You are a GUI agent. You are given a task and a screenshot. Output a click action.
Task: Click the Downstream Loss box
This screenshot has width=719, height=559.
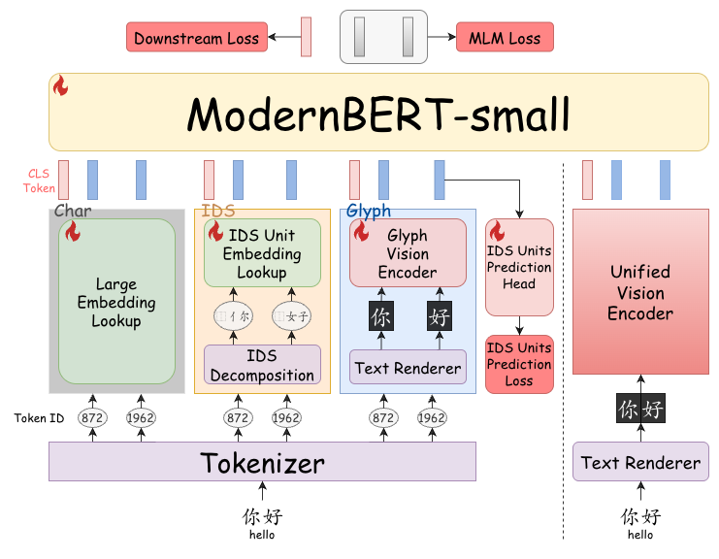pos(197,37)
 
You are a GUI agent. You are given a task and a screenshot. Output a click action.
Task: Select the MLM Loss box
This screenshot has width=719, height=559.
pos(505,37)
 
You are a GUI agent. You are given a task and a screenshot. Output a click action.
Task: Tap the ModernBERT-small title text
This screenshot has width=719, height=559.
pos(378,115)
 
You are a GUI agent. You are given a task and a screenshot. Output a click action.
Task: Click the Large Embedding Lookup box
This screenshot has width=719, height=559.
pos(117,301)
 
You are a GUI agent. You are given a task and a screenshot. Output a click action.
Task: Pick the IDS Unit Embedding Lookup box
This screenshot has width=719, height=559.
pos(262,252)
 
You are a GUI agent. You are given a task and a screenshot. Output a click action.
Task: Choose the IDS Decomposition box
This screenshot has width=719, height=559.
pos(262,365)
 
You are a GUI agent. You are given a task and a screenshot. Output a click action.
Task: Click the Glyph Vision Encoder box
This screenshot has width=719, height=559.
pos(408,252)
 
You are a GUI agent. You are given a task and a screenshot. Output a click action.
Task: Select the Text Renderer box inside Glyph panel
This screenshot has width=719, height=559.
pos(408,367)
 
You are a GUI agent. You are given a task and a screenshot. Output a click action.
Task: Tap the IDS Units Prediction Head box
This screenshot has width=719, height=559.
pos(519,267)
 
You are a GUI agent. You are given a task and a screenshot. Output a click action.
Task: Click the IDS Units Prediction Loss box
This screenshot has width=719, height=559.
pos(519,364)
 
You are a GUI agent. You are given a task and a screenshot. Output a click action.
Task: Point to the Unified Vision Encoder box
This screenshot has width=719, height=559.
pos(640,292)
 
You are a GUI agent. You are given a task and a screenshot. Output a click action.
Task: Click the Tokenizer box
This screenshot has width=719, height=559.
pos(262,461)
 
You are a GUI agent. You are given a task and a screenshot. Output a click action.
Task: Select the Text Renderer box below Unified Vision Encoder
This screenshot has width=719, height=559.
pos(640,461)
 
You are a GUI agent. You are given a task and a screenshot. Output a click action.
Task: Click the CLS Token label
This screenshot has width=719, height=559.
pos(39,181)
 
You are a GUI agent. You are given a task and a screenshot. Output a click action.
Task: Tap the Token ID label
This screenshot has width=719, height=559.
pos(39,418)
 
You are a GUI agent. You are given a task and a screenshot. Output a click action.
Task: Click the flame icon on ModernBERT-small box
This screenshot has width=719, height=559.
pos(60,85)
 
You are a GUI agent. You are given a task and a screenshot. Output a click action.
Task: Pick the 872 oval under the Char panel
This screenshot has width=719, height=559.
pos(92,417)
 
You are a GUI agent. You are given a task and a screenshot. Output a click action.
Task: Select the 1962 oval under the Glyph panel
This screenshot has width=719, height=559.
pos(432,417)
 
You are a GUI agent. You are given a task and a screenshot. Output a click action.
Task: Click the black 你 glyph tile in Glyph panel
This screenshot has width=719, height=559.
pos(381,316)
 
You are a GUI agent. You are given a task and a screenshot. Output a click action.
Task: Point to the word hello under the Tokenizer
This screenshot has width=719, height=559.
pos(262,535)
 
